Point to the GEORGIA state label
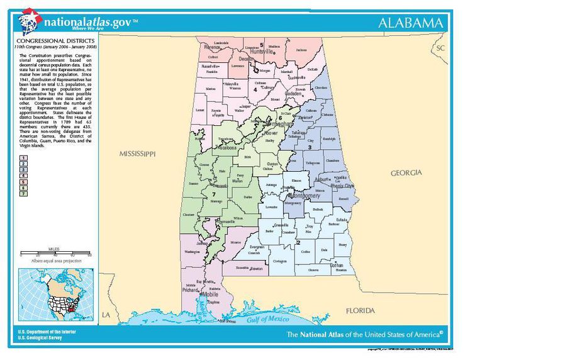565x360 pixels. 406,172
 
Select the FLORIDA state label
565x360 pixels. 361,310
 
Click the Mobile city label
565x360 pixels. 210,294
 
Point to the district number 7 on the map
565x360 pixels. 214,194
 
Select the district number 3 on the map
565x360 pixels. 309,147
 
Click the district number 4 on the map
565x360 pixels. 255,90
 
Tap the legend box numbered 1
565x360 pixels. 23,157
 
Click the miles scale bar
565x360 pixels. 55,254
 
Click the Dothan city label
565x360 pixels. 337,266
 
